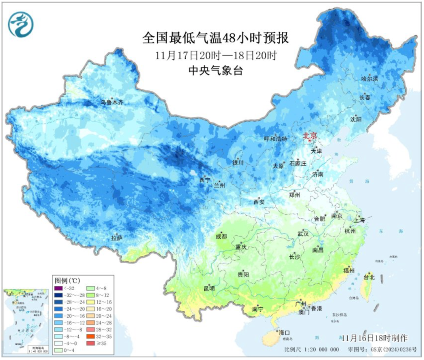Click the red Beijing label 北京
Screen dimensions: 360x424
click(x=310, y=136)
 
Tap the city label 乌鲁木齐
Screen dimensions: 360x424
click(x=112, y=102)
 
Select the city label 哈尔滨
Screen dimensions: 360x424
click(x=369, y=79)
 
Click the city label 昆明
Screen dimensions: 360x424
click(x=209, y=289)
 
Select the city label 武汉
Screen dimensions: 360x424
click(x=303, y=234)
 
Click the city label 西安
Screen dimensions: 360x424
click(x=259, y=202)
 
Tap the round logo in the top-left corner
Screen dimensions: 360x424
click(x=21, y=24)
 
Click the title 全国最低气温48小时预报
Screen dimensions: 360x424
click(x=216, y=38)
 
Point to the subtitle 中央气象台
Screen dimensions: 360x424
click(x=216, y=71)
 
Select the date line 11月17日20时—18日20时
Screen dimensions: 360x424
click(x=216, y=55)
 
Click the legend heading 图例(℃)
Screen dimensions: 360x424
click(x=67, y=281)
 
